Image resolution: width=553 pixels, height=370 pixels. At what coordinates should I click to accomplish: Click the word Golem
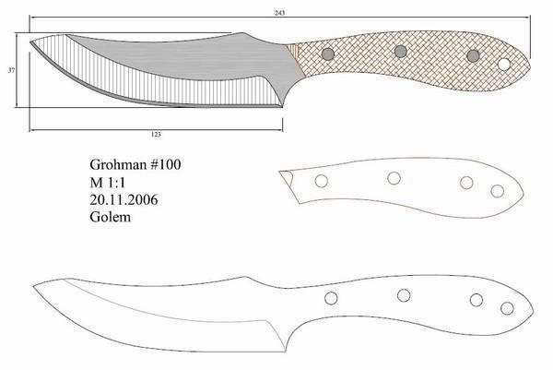coord(111,219)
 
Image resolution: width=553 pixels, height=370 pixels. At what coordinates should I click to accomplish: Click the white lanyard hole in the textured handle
coord(504,65)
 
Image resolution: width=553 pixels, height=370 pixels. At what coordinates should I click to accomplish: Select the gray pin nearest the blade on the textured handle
coord(327,54)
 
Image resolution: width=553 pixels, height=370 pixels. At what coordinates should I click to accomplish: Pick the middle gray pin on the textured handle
coord(400,51)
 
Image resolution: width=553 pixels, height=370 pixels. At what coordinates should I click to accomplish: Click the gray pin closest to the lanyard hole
coord(473,57)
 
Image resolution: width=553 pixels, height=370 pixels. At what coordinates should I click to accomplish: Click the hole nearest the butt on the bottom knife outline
coord(505,307)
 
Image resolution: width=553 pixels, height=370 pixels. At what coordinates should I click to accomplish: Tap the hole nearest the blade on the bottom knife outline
coord(329,298)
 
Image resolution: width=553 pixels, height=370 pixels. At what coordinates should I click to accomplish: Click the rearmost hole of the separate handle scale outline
coord(498,191)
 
